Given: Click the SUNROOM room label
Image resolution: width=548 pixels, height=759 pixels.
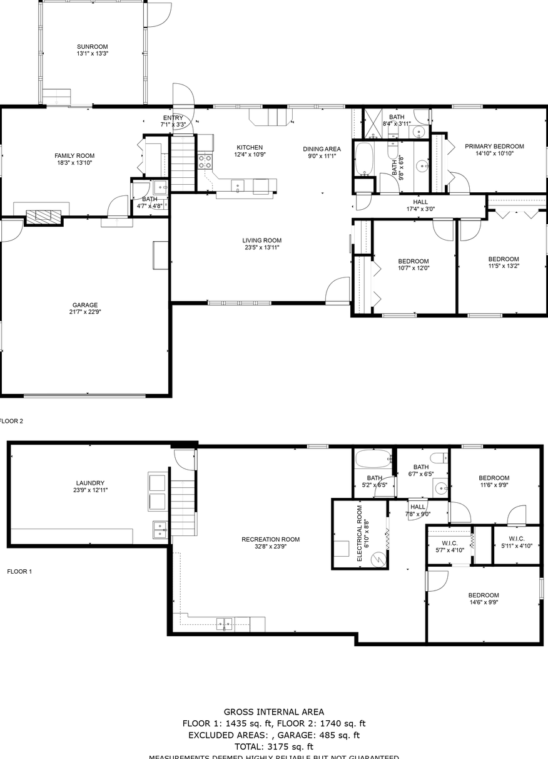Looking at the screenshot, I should tap(93, 46).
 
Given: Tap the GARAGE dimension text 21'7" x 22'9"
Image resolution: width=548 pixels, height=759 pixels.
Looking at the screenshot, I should tap(84, 312).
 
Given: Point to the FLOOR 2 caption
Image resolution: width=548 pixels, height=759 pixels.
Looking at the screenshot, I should tap(11, 421).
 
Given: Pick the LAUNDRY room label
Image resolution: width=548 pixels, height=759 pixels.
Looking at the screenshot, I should tap(90, 483).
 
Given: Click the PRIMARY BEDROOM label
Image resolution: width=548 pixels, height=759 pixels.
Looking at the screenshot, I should tap(494, 147).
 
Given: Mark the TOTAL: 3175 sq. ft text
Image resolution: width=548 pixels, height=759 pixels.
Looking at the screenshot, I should tap(274, 746).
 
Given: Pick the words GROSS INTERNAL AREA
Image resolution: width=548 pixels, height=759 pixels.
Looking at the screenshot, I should tap(274, 711).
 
